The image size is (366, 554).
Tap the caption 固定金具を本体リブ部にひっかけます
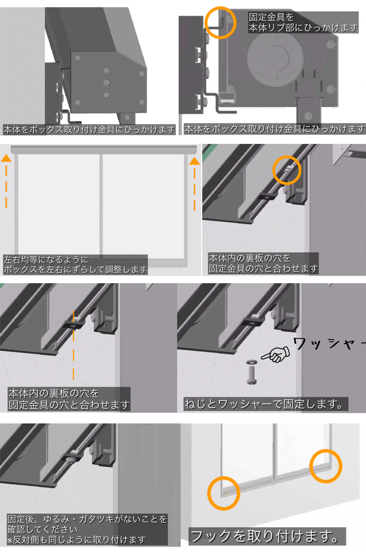[x=303, y=22]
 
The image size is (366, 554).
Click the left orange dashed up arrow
[x=6, y=180]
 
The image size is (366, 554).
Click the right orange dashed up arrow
[x=195, y=184]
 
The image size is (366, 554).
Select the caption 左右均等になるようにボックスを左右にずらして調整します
[x=75, y=265]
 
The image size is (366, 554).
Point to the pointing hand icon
[x=276, y=354]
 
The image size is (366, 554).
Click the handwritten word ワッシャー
[x=329, y=344]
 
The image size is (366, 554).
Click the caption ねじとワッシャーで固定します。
[x=264, y=404]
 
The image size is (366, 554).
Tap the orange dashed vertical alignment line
[x=74, y=345]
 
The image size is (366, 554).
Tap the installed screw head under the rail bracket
[x=70, y=459]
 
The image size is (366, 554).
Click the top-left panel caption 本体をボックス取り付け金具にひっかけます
[x=89, y=130]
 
